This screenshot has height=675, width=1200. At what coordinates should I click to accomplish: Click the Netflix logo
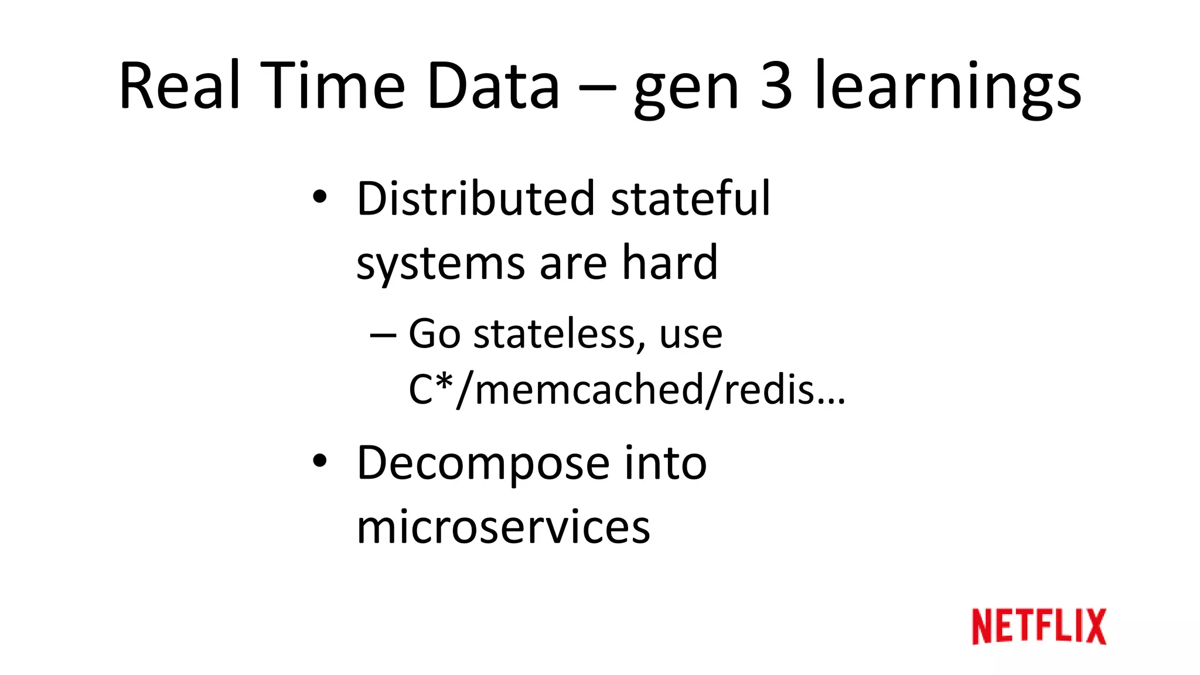pos(1038,626)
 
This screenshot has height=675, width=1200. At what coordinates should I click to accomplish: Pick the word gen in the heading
pos(686,91)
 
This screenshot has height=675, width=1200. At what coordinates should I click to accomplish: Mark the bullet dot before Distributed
pos(319,197)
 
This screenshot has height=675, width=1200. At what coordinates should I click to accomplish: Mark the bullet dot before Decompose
pos(319,461)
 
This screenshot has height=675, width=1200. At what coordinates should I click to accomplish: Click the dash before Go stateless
pos(383,336)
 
